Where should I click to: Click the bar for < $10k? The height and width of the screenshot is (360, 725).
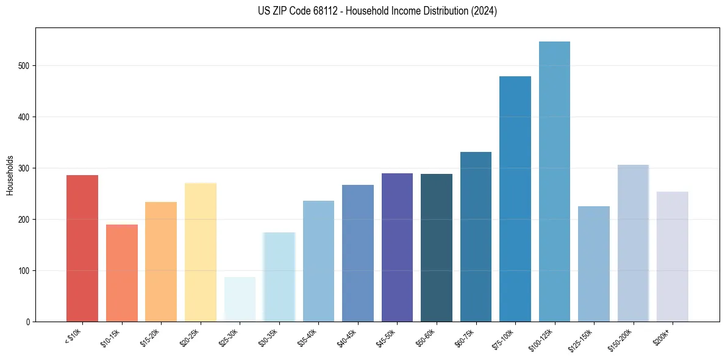click(x=82, y=248)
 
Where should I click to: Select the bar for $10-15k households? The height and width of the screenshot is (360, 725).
click(x=121, y=273)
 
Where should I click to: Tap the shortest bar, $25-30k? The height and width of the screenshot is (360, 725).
click(x=240, y=299)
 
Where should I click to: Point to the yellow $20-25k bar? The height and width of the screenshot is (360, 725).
click(x=200, y=252)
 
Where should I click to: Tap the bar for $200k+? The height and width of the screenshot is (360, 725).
click(x=672, y=256)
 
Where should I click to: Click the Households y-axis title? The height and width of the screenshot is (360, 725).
click(x=10, y=175)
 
